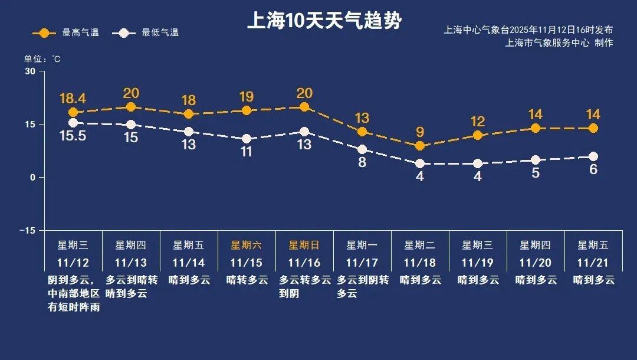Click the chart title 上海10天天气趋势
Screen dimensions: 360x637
pos(324,21)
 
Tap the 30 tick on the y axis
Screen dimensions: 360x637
pos(30,71)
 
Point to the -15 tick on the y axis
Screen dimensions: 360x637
pos(27,230)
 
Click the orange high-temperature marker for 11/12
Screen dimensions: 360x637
pos(73,112)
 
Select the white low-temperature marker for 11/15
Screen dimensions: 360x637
pos(247,139)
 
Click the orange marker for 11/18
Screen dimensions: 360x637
pos(420,146)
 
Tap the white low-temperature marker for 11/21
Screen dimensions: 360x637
pos(593,156)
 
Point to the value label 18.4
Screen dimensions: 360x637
pos(73,97)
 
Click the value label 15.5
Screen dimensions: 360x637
pos(73,136)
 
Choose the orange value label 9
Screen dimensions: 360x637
pos(420,132)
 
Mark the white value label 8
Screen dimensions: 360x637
pos(362,162)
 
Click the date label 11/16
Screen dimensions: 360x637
pos(304,263)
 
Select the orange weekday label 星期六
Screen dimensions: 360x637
pos(247,245)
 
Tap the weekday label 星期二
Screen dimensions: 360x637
pos(420,245)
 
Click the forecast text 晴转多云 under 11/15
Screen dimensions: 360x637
pos(247,280)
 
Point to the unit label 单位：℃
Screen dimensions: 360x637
pos(42,59)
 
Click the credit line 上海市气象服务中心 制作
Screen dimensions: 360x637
pos(559,43)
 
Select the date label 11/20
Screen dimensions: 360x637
pos(536,263)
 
